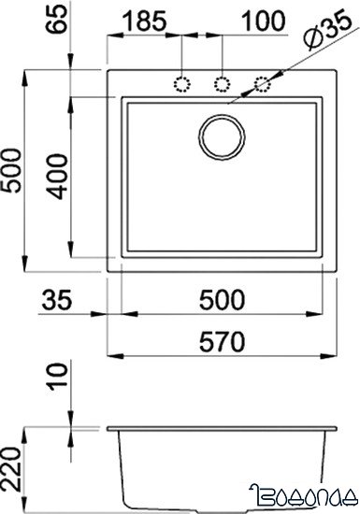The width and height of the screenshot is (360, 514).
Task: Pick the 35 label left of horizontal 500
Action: [x=57, y=300]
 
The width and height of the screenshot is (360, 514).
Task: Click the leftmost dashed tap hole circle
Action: [x=180, y=84]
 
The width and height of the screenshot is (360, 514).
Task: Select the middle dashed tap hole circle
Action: [x=223, y=84]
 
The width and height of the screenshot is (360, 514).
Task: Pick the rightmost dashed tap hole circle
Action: [x=264, y=84]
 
